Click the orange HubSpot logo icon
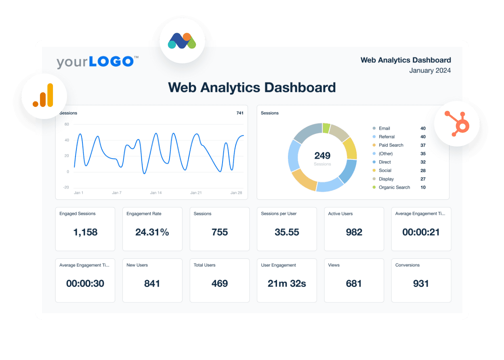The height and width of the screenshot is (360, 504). click(457, 123)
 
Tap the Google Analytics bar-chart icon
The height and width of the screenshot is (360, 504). click(44, 96)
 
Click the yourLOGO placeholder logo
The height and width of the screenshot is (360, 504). click(97, 62)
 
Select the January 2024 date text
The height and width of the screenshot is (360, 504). click(430, 71)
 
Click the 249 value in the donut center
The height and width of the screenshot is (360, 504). click(322, 155)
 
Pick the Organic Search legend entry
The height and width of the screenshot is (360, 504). click(394, 187)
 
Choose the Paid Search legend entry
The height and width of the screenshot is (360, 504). click(391, 145)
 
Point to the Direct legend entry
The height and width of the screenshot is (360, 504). click(384, 162)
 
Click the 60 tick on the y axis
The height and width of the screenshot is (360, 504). click(67, 124)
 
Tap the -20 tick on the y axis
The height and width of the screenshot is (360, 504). click(66, 187)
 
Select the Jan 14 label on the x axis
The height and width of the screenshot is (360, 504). click(156, 193)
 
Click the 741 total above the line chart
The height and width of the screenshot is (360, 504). click(240, 113)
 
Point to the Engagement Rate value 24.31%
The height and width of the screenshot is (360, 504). click(152, 232)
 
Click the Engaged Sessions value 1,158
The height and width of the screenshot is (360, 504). click(85, 232)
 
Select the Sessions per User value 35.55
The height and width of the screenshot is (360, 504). click(287, 232)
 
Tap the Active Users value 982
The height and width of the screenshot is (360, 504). click(354, 232)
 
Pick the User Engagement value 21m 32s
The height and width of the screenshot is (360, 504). click(287, 284)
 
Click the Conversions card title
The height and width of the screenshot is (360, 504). click(407, 265)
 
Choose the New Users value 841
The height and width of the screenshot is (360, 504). click(152, 284)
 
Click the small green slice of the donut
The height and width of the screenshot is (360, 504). click(326, 128)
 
